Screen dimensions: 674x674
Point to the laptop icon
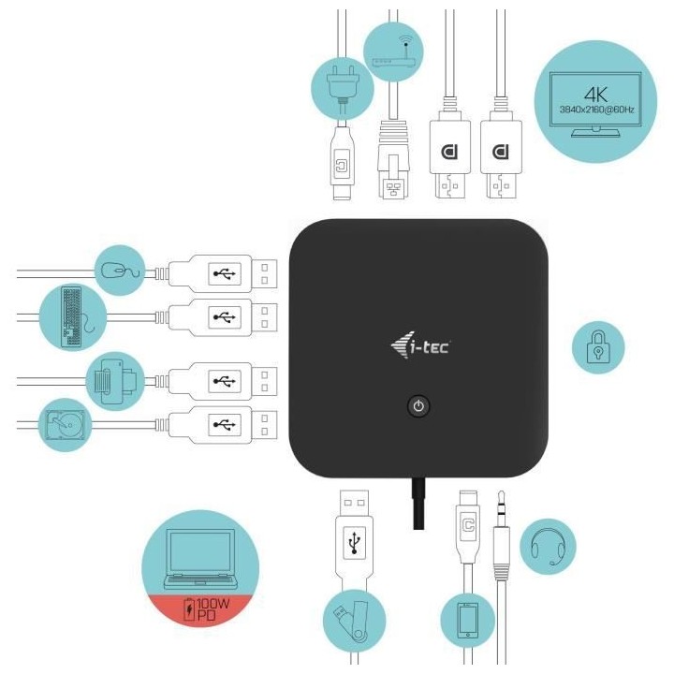pyautogui.click(x=200, y=560)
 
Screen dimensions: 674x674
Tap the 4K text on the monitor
pyautogui.click(x=596, y=94)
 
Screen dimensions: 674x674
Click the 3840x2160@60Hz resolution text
pyautogui.click(x=595, y=110)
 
